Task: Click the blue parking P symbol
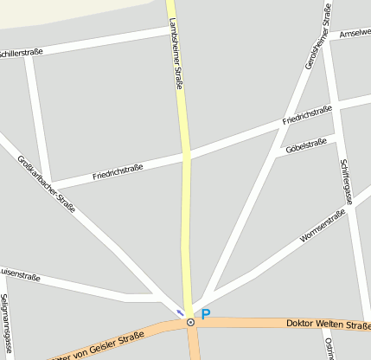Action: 206,315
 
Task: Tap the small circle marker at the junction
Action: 190,323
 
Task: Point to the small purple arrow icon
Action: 180,312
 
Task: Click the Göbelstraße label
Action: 305,145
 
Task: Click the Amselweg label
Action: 355,33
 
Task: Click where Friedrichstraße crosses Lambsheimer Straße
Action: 186,157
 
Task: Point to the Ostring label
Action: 329,346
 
